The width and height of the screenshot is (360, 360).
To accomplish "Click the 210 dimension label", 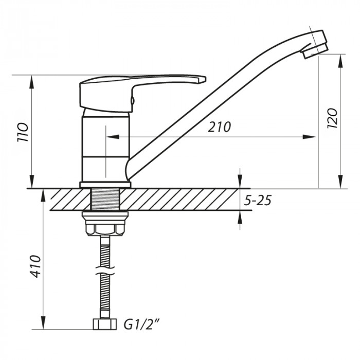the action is click(219, 127).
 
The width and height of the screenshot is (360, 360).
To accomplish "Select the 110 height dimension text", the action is click(23, 133).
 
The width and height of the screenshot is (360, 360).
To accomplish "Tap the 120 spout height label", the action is click(332, 118).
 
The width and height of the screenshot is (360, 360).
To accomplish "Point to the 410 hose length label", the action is click(36, 266).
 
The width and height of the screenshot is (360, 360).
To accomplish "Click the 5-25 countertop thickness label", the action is click(258, 200).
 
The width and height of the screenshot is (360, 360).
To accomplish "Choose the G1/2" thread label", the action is click(141, 324).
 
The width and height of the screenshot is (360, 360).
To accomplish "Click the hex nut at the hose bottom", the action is click(105, 324).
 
